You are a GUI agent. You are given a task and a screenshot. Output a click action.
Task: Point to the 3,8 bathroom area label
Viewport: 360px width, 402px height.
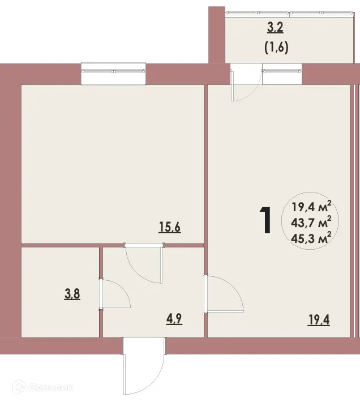point(71,294)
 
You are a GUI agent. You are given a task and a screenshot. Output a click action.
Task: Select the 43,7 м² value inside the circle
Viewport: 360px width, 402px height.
point(311,221)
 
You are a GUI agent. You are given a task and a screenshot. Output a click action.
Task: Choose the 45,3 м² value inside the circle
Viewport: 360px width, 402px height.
point(311,237)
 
